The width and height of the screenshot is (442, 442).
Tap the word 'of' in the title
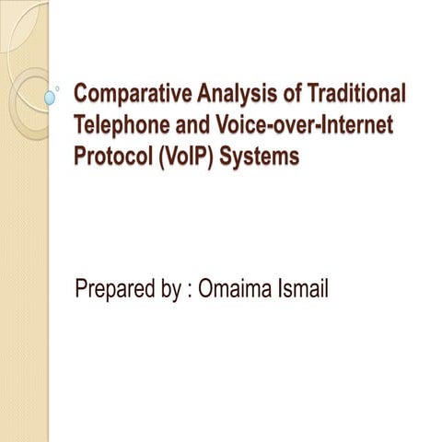pos(295,94)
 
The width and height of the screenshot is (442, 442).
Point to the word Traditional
pos(359,94)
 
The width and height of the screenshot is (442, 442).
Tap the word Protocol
pos(112,157)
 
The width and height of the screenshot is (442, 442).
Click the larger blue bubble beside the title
pos(50,96)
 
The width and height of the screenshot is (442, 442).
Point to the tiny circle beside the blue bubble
pos(59,88)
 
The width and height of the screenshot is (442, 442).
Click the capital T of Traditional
pos(317,94)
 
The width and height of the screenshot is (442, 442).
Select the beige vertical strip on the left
pos(23,276)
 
